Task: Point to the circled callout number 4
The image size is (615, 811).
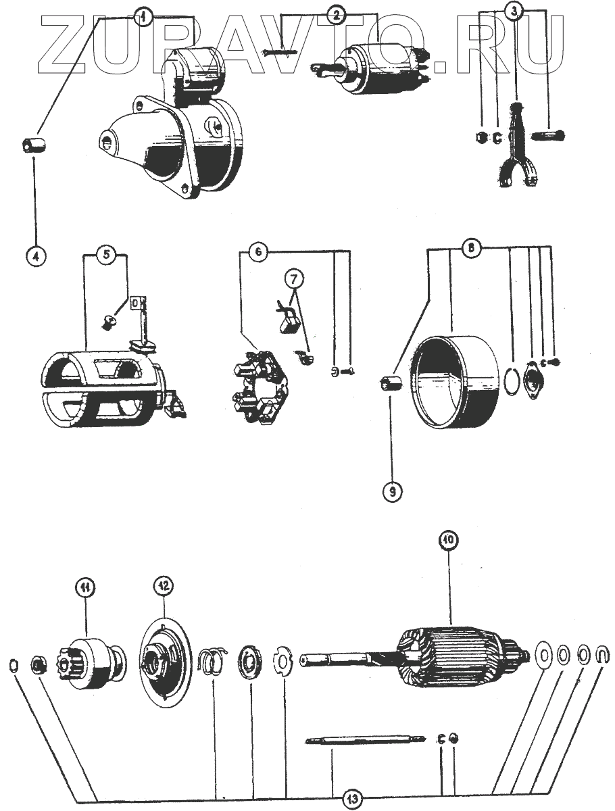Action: click(x=36, y=256)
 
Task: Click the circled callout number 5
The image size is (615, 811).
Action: click(x=105, y=255)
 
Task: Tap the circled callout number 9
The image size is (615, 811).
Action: click(x=392, y=490)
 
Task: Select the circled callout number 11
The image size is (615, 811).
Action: click(x=86, y=590)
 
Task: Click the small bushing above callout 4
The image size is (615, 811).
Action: click(x=32, y=145)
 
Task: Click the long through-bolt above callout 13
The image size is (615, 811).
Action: click(x=365, y=741)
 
